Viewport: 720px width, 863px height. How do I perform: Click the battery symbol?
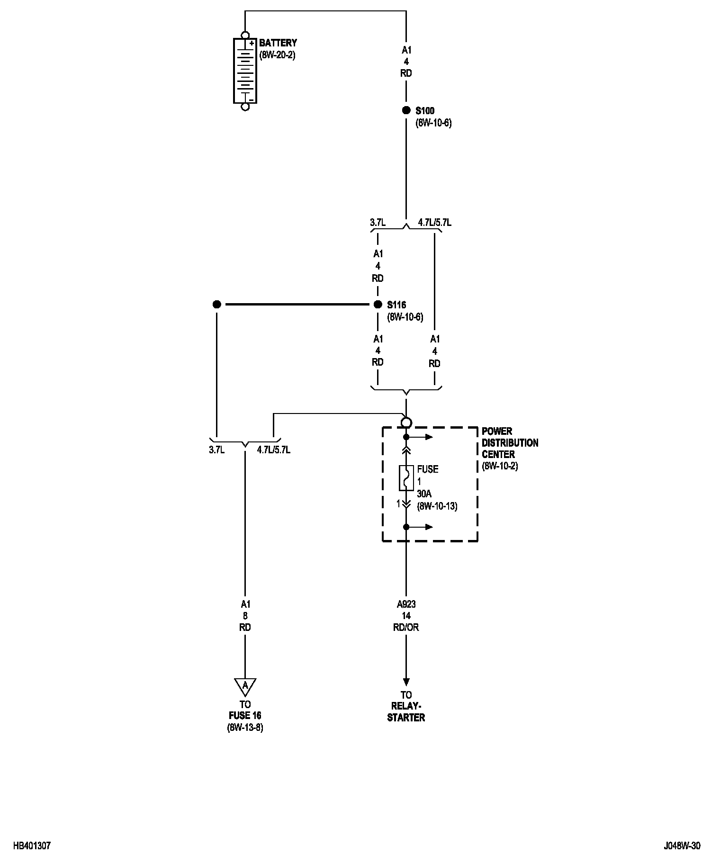point(245,71)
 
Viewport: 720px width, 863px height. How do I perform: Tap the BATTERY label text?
point(278,43)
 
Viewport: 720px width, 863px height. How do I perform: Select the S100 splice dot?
point(406,110)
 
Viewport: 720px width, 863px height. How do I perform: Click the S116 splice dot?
point(378,305)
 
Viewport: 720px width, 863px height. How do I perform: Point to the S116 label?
point(396,305)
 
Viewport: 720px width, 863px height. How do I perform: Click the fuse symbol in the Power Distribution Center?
point(406,478)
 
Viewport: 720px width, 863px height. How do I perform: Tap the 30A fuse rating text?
point(424,494)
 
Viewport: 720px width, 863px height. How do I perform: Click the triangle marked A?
point(245,685)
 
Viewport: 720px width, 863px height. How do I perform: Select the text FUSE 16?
point(245,716)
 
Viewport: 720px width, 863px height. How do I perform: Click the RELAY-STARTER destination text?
point(406,712)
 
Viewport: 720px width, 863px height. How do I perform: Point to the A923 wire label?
point(406,604)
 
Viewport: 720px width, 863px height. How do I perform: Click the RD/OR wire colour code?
point(406,628)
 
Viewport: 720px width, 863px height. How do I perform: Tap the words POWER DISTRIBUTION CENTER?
point(510,443)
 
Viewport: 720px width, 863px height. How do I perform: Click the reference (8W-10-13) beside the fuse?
point(437,506)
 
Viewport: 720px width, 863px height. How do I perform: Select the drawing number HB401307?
point(32,846)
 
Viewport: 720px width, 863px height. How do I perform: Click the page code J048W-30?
point(682,846)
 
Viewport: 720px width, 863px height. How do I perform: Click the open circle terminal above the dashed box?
point(406,423)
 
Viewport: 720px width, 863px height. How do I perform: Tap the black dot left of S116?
point(216,305)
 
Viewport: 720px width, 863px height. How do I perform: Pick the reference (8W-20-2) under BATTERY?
point(277,55)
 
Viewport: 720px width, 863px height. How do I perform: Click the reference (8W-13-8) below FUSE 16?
point(245,727)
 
